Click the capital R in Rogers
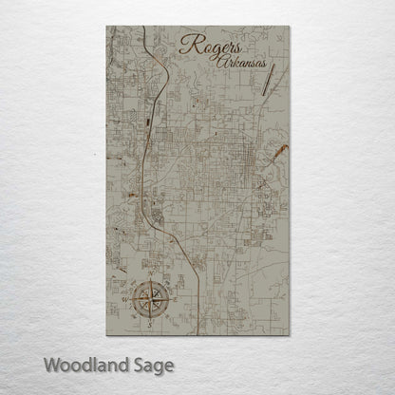[185, 45]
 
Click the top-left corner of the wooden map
[104, 27]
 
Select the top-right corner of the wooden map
[290, 27]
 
